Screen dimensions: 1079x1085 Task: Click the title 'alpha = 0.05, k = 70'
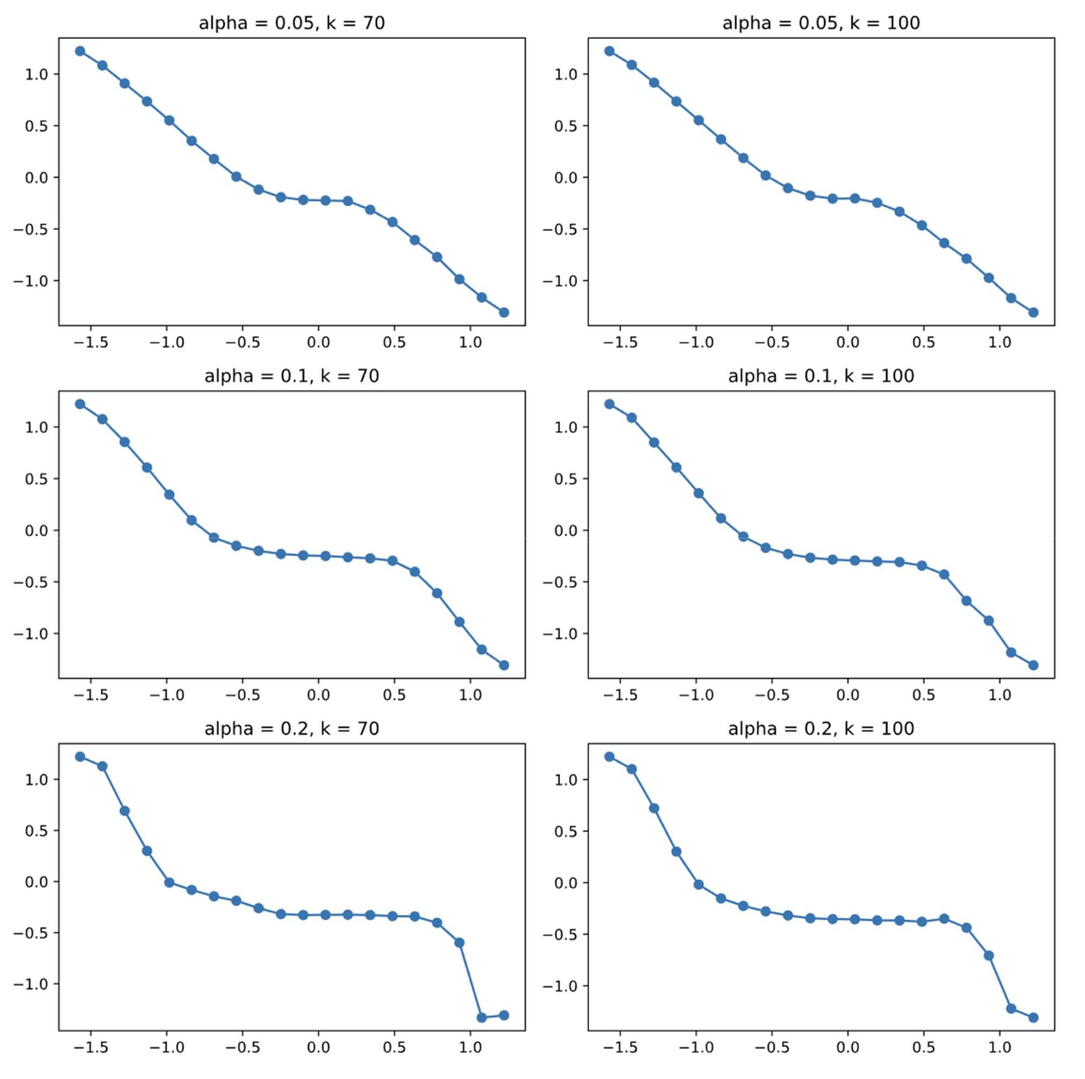click(291, 23)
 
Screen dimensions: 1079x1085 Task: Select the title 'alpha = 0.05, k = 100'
click(821, 23)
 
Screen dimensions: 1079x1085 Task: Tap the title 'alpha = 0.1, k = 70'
click(291, 376)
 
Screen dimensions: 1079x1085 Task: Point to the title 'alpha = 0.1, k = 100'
click(821, 376)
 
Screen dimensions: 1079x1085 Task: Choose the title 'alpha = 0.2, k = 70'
click(291, 729)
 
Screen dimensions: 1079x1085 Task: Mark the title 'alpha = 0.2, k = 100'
click(821, 729)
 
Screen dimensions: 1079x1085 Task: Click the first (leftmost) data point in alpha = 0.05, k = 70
click(80, 51)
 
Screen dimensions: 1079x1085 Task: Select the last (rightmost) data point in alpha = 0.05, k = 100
click(1033, 313)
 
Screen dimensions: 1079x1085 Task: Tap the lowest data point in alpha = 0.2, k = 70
click(482, 1018)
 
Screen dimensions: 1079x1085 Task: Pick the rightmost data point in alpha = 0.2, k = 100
click(1033, 1018)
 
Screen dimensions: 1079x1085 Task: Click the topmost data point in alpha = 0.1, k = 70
click(80, 404)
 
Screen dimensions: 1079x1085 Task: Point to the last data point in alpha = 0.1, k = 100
click(1033, 665)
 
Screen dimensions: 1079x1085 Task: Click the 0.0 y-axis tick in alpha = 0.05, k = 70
click(36, 178)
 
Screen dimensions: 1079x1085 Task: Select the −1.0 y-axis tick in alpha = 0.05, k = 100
click(559, 281)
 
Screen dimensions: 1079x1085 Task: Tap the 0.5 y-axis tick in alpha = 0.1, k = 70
click(36, 479)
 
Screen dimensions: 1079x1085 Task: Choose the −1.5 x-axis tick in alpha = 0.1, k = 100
click(619, 696)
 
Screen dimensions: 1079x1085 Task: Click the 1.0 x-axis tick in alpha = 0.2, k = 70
click(470, 1048)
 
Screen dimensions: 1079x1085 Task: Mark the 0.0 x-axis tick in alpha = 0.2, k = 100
click(848, 1048)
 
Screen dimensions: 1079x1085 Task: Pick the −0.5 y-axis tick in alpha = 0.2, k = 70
click(30, 933)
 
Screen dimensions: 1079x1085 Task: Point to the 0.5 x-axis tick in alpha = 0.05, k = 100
click(924, 342)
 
